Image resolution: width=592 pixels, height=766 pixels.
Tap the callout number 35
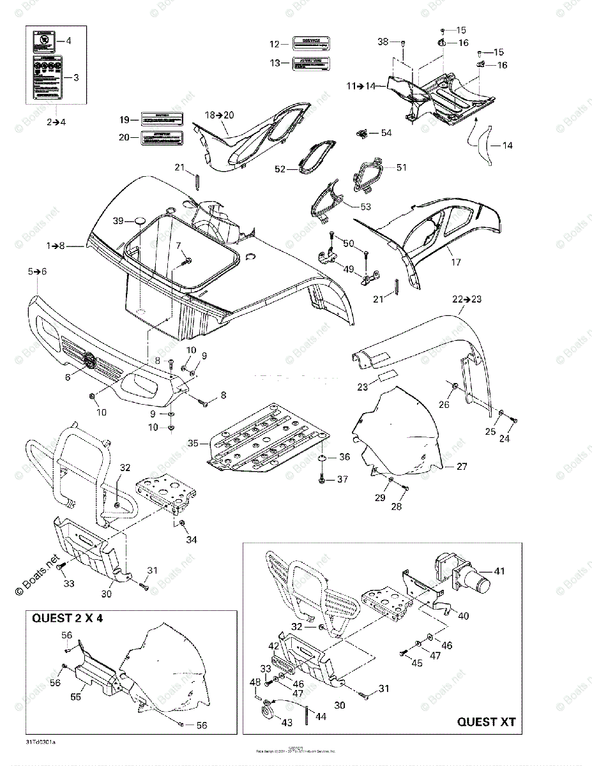(194, 442)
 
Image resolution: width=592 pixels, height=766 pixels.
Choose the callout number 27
(462, 467)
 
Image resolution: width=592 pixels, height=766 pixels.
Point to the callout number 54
(386, 133)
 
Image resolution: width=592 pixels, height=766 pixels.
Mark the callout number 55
(75, 698)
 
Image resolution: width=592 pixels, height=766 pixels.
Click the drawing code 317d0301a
(41, 742)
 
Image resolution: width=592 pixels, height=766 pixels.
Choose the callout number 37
(343, 479)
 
